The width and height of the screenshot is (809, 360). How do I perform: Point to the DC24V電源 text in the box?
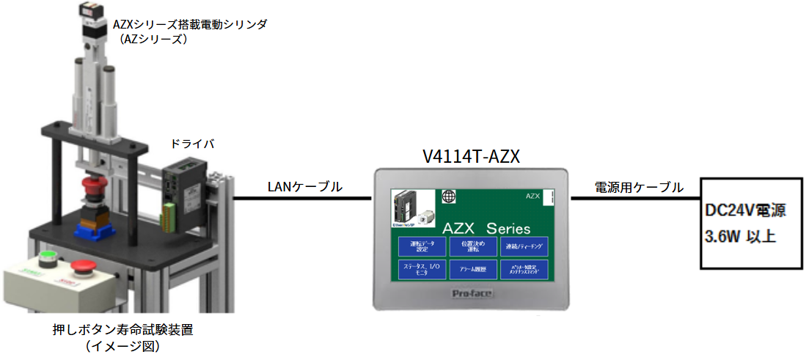pyautogui.click(x=745, y=212)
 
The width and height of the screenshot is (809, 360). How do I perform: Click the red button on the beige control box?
pyautogui.click(x=81, y=266)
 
